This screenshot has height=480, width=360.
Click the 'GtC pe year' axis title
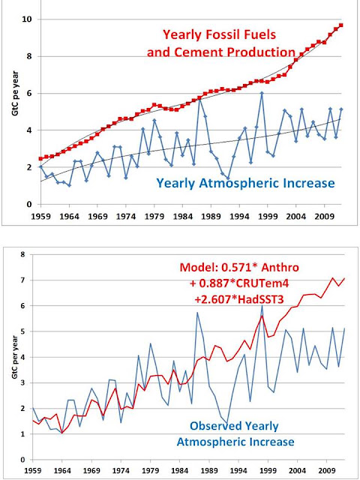[x=15, y=93]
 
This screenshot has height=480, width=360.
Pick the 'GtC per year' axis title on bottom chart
[x=15, y=357]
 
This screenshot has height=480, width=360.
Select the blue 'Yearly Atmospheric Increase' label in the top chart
[x=245, y=183]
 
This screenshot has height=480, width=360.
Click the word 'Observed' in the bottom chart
[x=213, y=426]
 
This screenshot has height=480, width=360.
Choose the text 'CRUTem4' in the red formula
[x=266, y=283]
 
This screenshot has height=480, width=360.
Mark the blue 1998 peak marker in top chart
[x=262, y=93]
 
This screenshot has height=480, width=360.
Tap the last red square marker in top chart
[x=341, y=25]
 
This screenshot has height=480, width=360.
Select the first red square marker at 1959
[x=40, y=158]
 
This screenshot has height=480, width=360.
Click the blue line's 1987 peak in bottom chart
[x=197, y=312]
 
